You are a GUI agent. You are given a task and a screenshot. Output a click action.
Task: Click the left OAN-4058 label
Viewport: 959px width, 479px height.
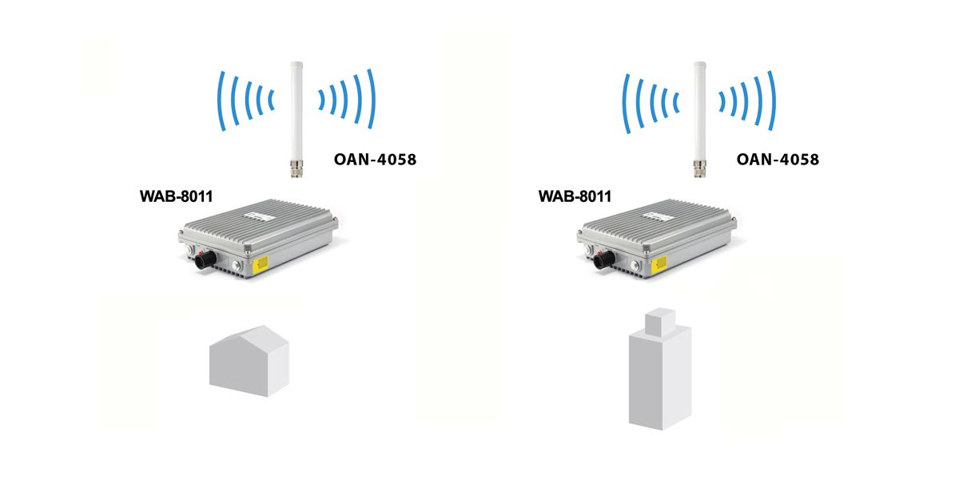pyautogui.click(x=375, y=160)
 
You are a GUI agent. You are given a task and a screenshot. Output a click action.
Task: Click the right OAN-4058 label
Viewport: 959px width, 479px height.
pyautogui.click(x=778, y=160)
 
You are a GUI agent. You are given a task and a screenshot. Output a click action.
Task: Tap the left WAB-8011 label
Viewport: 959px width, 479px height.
pyautogui.click(x=177, y=196)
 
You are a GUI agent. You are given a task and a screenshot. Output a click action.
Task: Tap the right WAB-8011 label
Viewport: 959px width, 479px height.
pyautogui.click(x=575, y=196)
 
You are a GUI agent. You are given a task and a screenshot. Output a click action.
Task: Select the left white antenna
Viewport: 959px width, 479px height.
pyautogui.click(x=296, y=120)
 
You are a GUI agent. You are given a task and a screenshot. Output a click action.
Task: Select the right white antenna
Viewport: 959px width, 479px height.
pyautogui.click(x=699, y=120)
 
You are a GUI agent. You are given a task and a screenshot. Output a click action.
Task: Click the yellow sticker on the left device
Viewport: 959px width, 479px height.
pyautogui.click(x=261, y=264)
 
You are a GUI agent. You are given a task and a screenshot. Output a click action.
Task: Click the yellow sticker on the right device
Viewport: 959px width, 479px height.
pyautogui.click(x=659, y=265)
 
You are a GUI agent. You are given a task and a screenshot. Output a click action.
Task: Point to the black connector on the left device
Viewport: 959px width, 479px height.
pyautogui.click(x=205, y=259)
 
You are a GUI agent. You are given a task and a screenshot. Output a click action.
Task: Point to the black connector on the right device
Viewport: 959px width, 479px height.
pyautogui.click(x=604, y=259)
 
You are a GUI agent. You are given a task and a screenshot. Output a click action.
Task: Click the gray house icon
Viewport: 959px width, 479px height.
pyautogui.click(x=249, y=361)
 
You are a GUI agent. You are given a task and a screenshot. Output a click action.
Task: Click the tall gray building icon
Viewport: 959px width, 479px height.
pyautogui.click(x=660, y=369)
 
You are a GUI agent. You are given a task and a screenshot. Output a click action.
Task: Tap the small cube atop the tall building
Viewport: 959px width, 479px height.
pyautogui.click(x=660, y=322)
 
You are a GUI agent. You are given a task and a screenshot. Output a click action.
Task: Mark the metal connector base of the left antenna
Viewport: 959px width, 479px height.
pyautogui.click(x=296, y=169)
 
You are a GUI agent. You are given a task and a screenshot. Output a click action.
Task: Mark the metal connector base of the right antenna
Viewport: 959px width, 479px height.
pyautogui.click(x=699, y=169)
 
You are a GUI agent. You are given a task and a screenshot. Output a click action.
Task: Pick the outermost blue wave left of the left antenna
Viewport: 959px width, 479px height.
pyautogui.click(x=219, y=101)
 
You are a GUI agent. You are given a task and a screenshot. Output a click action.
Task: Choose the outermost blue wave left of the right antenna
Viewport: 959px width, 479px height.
pyautogui.click(x=624, y=104)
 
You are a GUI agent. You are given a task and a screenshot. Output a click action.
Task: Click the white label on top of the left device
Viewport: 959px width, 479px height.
pyautogui.click(x=260, y=217)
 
